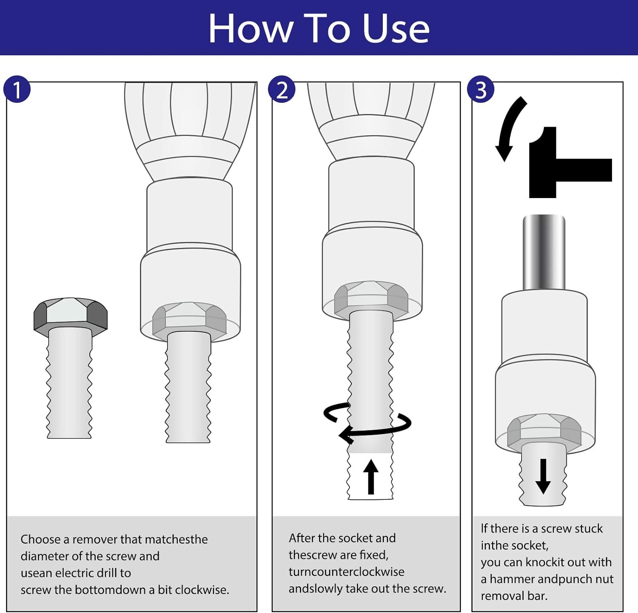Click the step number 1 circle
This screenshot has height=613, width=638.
(x=17, y=89)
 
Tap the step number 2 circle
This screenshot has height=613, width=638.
(x=282, y=89)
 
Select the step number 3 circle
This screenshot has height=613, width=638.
(x=481, y=89)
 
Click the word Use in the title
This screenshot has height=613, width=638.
(x=396, y=28)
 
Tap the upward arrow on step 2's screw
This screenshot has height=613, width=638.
(x=371, y=477)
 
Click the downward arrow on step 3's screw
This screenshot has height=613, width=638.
(x=543, y=476)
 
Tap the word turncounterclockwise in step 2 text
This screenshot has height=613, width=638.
(x=347, y=572)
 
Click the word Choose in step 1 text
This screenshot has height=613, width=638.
(x=40, y=539)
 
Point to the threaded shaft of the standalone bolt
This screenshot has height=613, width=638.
(x=69, y=383)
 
